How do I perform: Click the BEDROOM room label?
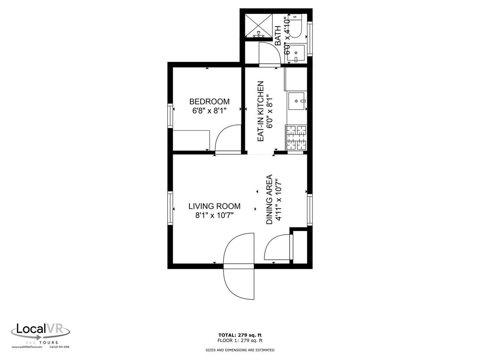tap(209, 102)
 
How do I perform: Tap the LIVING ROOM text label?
tap(214, 206)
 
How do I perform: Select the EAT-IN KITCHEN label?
tap(261, 111)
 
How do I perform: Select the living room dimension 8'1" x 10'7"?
tap(214, 215)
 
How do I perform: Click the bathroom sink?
tap(296, 53)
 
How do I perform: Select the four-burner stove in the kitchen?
tap(296, 137)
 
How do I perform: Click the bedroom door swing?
tap(228, 140)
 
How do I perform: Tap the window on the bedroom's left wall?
tap(170, 116)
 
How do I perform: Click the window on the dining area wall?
tap(309, 210)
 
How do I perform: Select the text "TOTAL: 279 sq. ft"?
tap(240, 334)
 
